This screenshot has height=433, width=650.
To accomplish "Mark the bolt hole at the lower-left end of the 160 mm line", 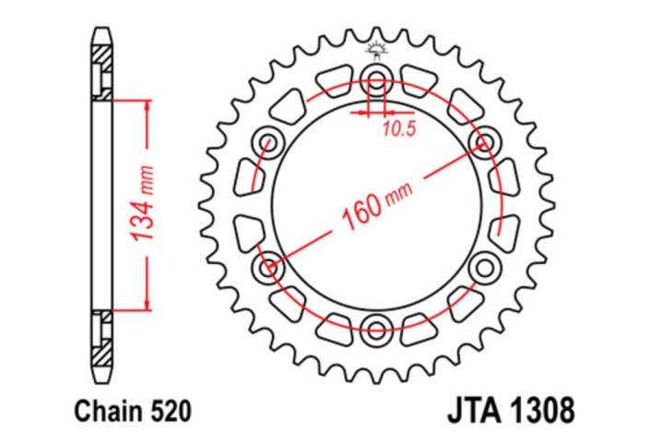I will pos(268,268).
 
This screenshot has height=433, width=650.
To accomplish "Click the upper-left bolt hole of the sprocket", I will pos(269,141).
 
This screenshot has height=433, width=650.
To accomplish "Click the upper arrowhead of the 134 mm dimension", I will pos(146,102).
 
